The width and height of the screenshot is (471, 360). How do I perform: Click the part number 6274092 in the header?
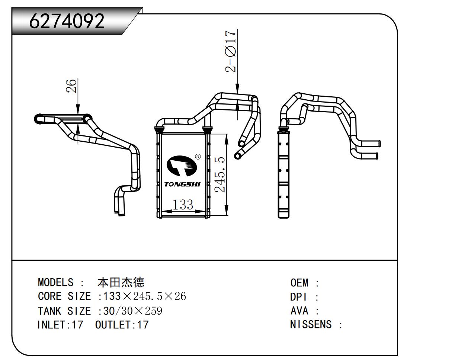[x=67, y=21]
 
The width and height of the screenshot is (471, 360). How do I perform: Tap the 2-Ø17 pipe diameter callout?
[x=231, y=51]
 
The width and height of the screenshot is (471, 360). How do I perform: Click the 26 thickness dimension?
[x=72, y=86]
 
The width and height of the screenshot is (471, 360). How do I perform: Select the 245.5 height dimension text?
[x=220, y=174]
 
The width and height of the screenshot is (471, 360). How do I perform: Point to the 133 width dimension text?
[x=183, y=205]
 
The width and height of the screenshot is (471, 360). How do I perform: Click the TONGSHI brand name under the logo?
[x=182, y=184]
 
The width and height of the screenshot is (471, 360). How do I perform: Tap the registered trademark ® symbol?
[x=198, y=157]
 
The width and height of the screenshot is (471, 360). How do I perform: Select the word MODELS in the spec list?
[x=55, y=283]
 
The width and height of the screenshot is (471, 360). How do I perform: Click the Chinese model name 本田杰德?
[x=121, y=283]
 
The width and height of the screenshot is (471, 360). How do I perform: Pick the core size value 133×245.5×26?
[x=144, y=296]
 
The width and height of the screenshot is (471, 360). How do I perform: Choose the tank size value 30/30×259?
[x=133, y=311]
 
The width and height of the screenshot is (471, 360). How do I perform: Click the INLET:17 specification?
[x=60, y=325]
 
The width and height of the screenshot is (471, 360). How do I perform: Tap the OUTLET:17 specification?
[x=122, y=325]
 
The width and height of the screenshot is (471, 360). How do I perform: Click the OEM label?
[x=299, y=283]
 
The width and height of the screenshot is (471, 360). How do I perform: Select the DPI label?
[x=299, y=297]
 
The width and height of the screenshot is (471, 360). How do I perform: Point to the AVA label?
[x=299, y=311]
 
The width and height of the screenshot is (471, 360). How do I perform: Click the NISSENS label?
[x=311, y=325]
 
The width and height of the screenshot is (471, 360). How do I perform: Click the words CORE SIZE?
[x=64, y=296]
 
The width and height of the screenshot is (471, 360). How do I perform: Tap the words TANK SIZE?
[x=64, y=311]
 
